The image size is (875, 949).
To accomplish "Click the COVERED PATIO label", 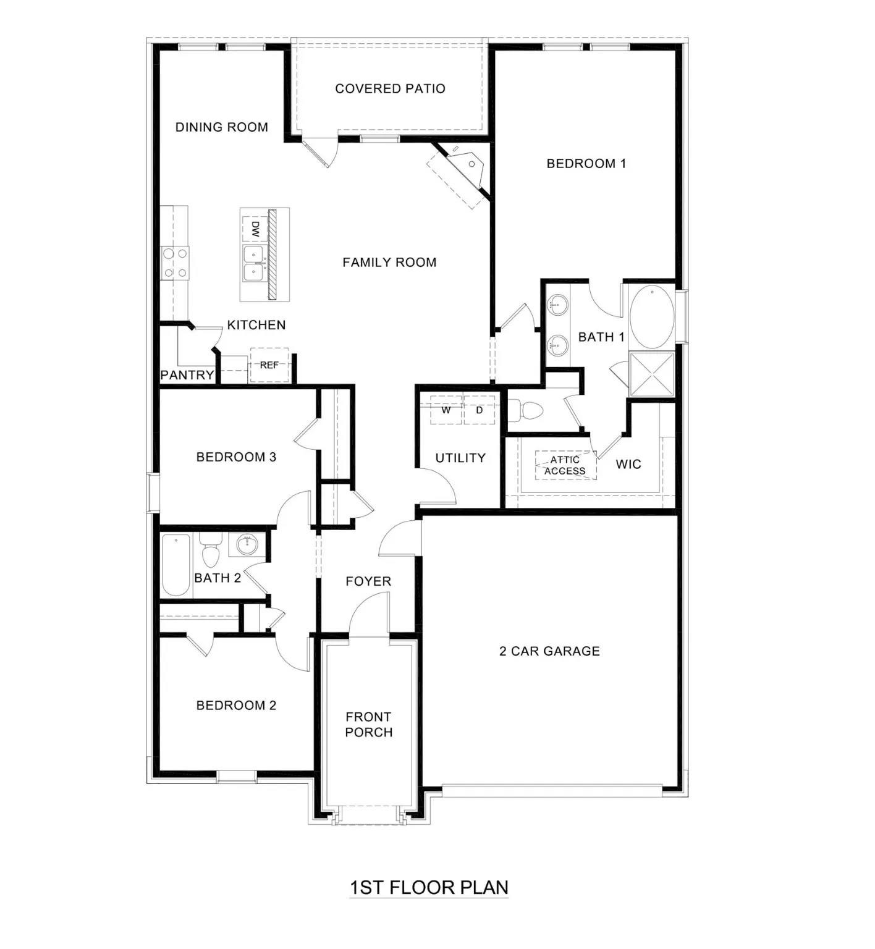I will [390, 89].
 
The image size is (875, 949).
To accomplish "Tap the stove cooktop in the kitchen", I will [175, 263].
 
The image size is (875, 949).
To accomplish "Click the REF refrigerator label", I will [269, 365].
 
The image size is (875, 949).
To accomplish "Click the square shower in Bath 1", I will [652, 374].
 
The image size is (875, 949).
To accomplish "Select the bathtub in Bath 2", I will [176, 565].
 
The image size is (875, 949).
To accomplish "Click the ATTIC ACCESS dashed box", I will [565, 465].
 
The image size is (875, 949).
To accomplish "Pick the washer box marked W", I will [446, 410].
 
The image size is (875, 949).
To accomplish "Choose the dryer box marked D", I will [480, 410].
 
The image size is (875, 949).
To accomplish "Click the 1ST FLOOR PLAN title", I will [429, 888].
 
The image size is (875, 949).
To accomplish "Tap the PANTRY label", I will [187, 375].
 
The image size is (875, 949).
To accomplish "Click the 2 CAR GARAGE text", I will [549, 651].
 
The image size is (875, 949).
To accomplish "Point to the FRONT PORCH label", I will [368, 725].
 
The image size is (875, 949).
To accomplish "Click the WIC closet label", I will [628, 465].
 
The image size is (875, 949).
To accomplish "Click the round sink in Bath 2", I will [247, 544].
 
